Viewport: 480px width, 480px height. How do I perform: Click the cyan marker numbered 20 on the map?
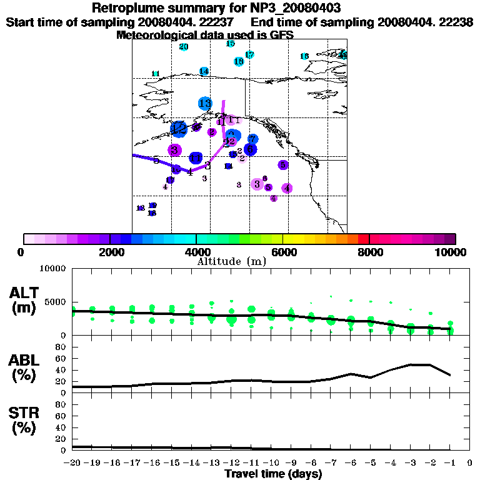click(x=184, y=47)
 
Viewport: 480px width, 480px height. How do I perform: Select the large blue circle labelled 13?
click(x=205, y=103)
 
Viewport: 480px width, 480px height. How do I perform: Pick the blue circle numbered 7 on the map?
click(x=252, y=139)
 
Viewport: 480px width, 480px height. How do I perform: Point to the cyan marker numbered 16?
click(x=230, y=44)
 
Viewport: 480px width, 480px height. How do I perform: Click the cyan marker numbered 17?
click(x=249, y=55)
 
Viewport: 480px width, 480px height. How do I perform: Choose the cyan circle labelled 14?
click(x=204, y=71)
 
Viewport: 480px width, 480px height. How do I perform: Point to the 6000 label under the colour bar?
click(x=283, y=252)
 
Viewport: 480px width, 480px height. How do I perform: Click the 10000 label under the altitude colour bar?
click(x=451, y=252)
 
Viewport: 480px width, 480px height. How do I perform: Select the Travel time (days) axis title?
click(x=273, y=474)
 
